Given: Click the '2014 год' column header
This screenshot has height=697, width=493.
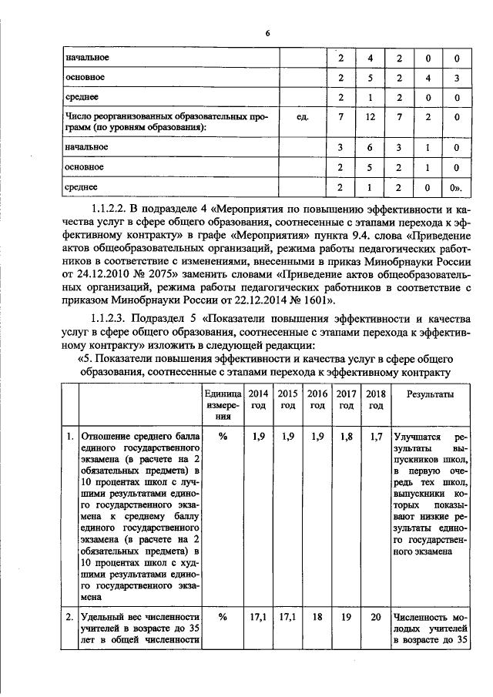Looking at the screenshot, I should [x=259, y=399].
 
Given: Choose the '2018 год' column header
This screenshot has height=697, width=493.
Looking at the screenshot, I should [x=375, y=399].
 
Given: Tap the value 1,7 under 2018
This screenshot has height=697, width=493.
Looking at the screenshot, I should [x=375, y=437].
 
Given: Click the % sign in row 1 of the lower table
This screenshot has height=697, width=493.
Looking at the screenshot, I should [x=223, y=437].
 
